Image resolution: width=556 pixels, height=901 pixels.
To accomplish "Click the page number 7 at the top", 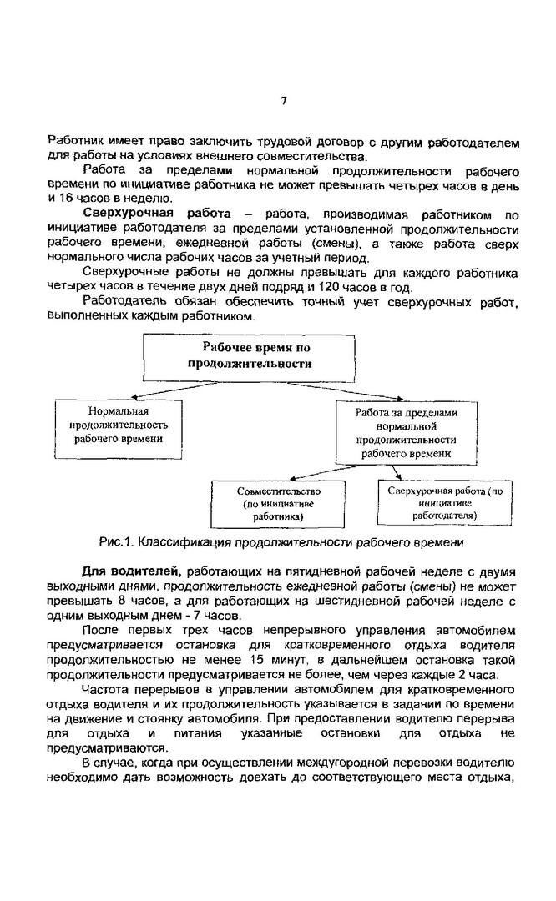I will (x=283, y=100).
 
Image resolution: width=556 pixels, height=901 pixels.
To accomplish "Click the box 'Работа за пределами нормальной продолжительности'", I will (x=407, y=433).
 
